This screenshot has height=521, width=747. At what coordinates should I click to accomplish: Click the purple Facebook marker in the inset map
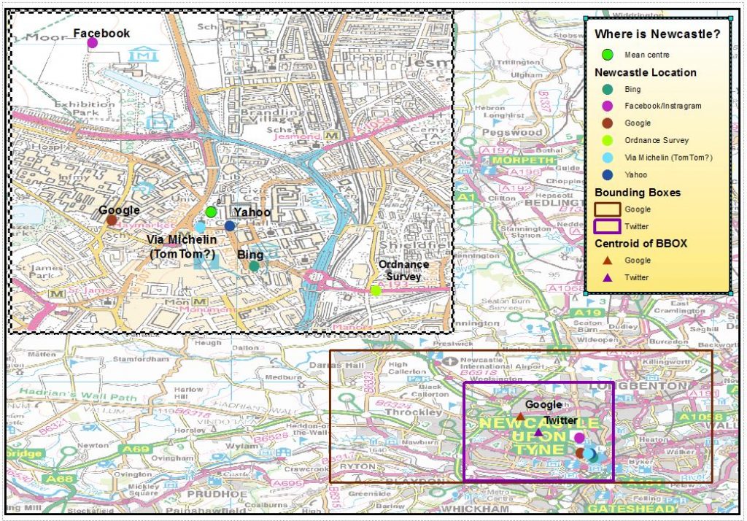(93, 43)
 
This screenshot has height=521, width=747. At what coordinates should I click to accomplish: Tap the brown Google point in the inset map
(111, 220)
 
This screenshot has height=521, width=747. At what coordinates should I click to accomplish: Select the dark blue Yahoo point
(230, 226)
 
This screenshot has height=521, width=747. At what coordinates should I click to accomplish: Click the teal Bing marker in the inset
(254, 266)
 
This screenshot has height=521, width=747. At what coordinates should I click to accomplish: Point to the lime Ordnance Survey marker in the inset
(376, 290)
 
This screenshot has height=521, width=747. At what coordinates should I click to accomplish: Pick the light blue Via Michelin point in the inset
(200, 228)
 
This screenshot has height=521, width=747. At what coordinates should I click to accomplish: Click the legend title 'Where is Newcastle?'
(657, 34)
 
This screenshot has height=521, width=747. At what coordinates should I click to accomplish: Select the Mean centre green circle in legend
(607, 55)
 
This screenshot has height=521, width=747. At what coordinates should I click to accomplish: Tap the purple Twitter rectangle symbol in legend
(607, 226)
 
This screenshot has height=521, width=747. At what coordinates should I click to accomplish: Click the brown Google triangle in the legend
(607, 260)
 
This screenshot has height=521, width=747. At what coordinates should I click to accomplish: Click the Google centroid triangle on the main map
(520, 417)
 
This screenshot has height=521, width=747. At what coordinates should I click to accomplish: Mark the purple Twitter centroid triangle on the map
(538, 432)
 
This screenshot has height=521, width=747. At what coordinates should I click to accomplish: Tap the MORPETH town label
(519, 160)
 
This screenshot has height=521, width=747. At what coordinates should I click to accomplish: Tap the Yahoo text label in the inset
(252, 212)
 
